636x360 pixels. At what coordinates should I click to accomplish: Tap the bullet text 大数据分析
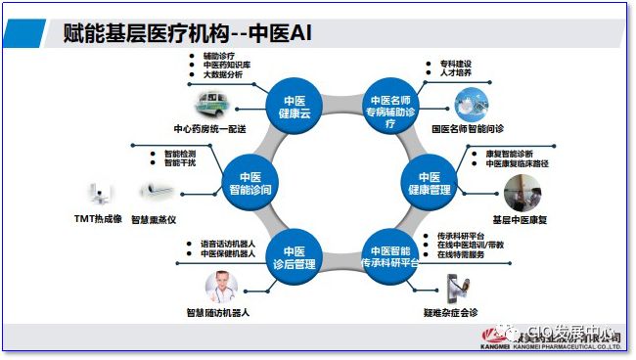pyautogui.click(x=222, y=73)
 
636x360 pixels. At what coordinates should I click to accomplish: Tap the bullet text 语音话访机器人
pyautogui.click(x=228, y=243)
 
